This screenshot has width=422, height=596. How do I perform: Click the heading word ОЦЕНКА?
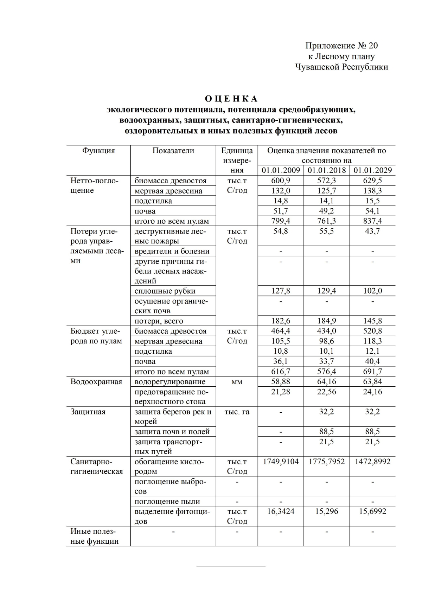(x=231, y=99)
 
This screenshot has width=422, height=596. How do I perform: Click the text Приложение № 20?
(x=341, y=46)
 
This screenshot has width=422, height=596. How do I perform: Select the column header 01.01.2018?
(x=326, y=170)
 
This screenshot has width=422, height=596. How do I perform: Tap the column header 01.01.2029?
(x=372, y=170)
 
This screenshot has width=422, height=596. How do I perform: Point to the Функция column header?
(x=98, y=151)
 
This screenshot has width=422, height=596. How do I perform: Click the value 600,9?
(x=281, y=181)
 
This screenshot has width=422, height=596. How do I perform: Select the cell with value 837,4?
(x=372, y=221)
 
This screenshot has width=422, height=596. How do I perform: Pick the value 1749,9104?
(x=281, y=461)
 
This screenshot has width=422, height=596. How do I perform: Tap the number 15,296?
(x=326, y=511)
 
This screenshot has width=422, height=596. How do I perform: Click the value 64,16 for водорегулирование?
(x=326, y=382)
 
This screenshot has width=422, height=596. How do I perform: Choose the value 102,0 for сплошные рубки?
(x=372, y=291)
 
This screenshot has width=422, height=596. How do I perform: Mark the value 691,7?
(x=372, y=372)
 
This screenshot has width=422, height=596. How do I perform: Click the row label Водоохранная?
(x=96, y=382)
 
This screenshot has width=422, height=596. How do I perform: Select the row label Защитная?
(x=88, y=412)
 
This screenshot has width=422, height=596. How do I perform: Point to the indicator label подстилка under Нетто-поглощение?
(x=153, y=201)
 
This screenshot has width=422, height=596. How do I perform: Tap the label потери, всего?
(x=159, y=321)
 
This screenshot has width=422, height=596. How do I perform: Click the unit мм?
(x=237, y=382)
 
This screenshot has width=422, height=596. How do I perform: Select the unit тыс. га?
(x=237, y=412)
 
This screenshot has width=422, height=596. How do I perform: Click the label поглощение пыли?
(x=167, y=502)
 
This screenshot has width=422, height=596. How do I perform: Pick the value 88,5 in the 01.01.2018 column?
(x=326, y=432)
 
